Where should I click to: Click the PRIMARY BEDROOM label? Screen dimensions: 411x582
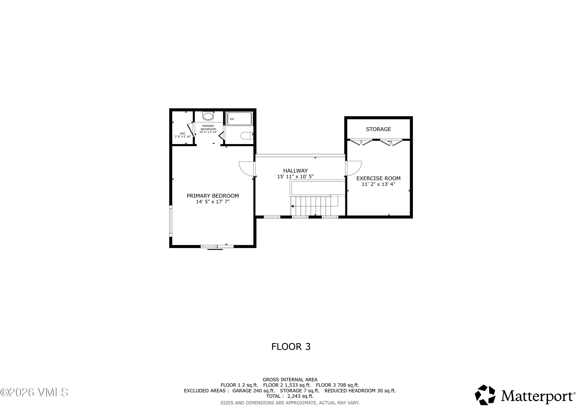coord(213,196)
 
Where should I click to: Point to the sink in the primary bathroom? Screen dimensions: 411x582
coord(208,116)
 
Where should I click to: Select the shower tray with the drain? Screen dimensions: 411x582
coord(240,119)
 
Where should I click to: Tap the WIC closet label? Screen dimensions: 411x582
coord(183,134)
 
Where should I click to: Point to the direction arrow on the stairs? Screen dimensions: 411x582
coord(292,206)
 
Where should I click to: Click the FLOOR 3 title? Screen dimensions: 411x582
coord(291,347)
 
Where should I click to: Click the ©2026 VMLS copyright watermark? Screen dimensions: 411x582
coord(34,392)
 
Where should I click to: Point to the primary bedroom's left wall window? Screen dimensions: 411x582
coord(171,221)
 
